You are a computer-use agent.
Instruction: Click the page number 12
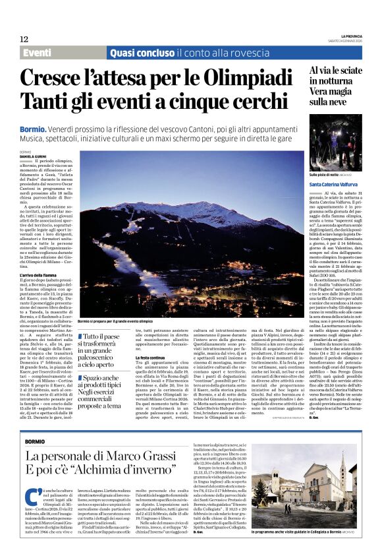(24, 40)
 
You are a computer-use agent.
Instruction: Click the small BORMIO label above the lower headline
(35, 441)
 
